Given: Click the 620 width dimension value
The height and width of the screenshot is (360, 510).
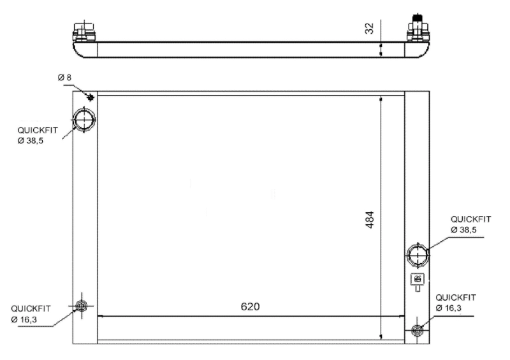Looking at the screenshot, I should pyautogui.click(x=250, y=306).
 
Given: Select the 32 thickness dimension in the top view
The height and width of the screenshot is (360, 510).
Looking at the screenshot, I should pyautogui.click(x=370, y=30).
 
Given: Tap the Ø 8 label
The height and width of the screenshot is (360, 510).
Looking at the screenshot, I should pyautogui.click(x=64, y=78).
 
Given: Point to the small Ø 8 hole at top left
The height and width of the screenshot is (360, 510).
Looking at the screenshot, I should pyautogui.click(x=90, y=97).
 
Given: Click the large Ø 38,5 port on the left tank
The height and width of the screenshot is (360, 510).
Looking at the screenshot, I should pyautogui.click(x=84, y=119).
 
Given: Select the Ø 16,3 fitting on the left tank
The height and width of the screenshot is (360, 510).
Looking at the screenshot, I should pyautogui.click(x=81, y=306).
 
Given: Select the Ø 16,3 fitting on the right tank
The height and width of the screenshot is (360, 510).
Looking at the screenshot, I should pyautogui.click(x=418, y=330).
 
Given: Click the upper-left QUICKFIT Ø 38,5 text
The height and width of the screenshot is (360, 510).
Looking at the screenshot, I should pyautogui.click(x=38, y=134).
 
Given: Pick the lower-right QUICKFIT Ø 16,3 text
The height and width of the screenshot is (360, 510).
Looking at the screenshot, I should pyautogui.click(x=456, y=302).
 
